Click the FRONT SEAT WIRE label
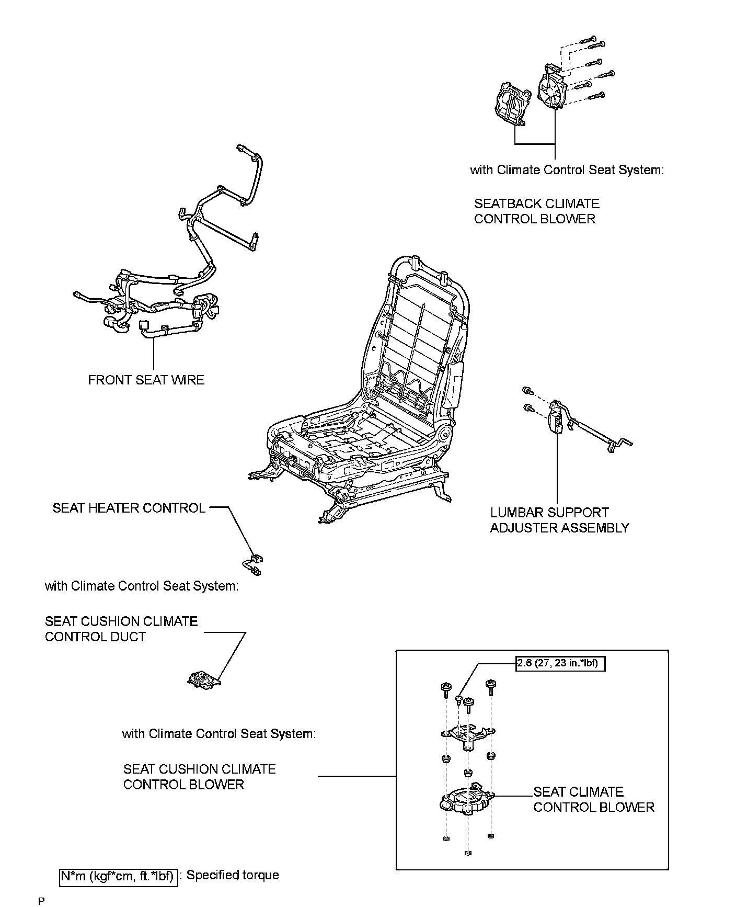[x=146, y=380]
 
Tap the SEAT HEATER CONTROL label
[x=129, y=508]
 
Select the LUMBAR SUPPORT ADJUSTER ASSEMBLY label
[x=559, y=520]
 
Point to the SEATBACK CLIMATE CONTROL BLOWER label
[x=536, y=211]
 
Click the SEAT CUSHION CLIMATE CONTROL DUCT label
[x=121, y=629]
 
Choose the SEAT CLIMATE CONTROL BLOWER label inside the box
[x=593, y=799]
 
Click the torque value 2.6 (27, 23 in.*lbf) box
[x=560, y=664]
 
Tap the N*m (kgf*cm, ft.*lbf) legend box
[x=118, y=876]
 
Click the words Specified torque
[x=233, y=875]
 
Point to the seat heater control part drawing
[x=253, y=564]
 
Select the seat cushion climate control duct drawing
[x=203, y=679]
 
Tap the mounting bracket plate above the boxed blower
[x=467, y=734]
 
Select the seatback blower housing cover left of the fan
[x=511, y=105]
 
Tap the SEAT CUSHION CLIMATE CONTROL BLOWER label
[x=199, y=777]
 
